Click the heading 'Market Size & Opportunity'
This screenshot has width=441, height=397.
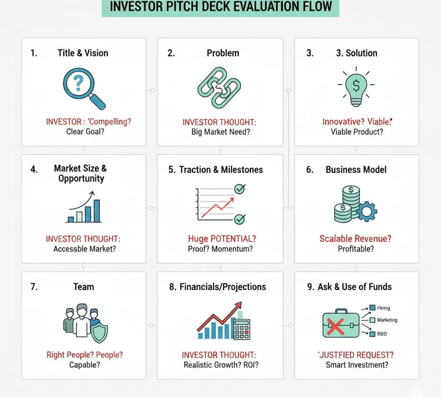click(80, 174)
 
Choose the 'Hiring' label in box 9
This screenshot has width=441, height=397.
click(383, 309)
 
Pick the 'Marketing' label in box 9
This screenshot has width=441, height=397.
click(386, 320)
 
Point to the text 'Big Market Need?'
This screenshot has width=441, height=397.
click(220, 132)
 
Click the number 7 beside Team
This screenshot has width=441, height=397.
click(34, 287)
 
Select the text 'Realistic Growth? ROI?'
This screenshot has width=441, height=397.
click(220, 365)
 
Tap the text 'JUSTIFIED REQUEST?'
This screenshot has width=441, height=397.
click(356, 355)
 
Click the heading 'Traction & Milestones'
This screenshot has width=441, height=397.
click(220, 169)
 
